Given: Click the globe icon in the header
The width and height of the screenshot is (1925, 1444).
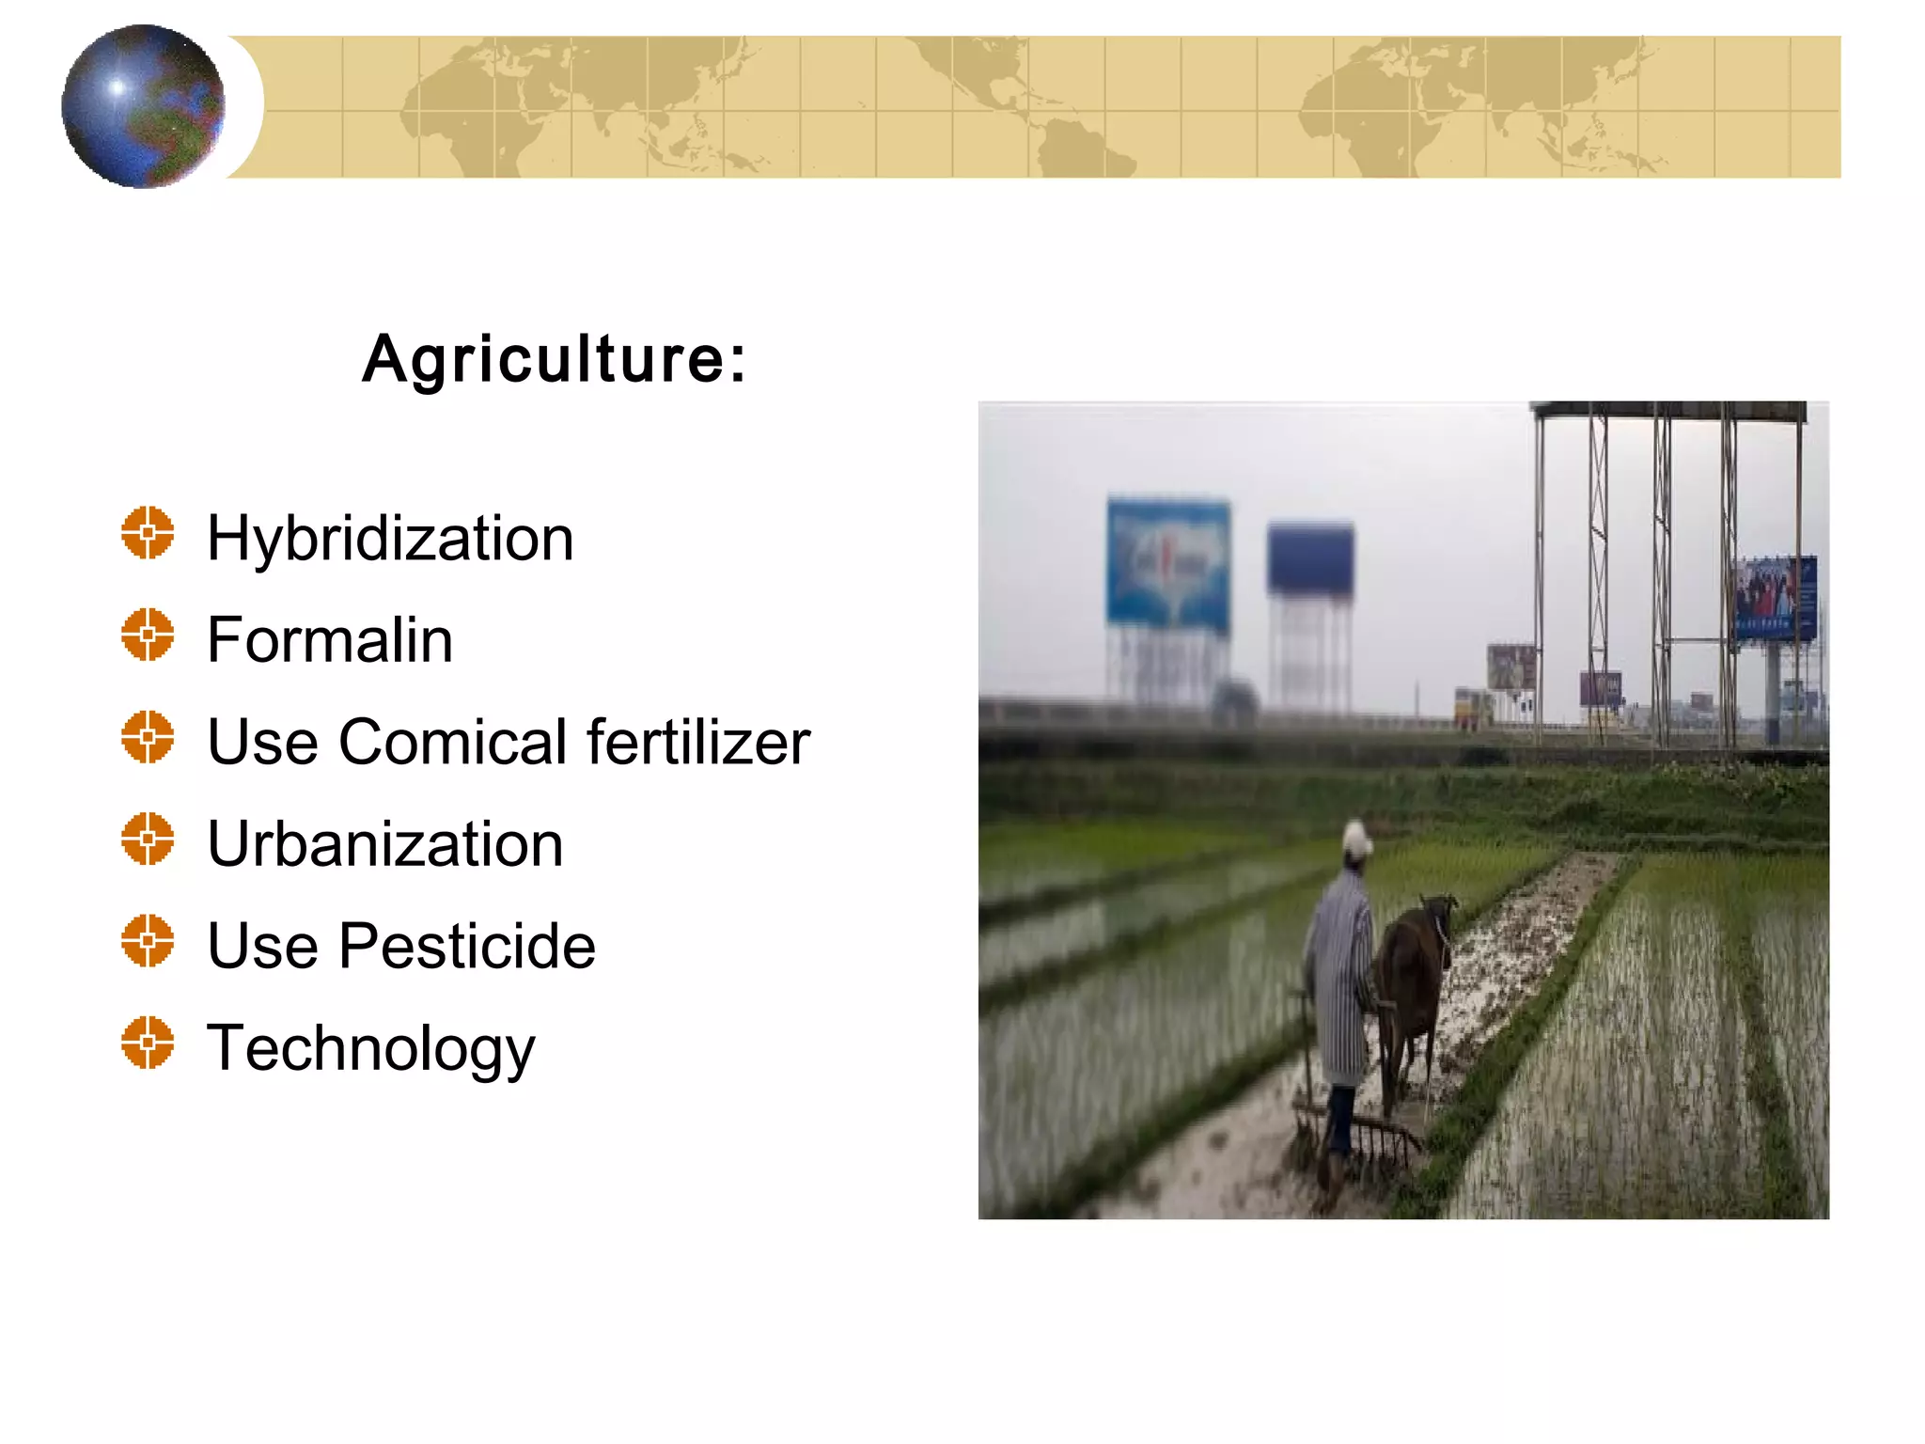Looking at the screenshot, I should click(143, 106).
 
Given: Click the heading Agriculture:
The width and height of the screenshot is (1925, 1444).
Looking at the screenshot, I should click(555, 359).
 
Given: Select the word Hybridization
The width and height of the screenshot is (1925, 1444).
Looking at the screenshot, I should click(390, 539).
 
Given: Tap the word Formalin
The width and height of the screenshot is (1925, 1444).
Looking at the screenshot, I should click(330, 640).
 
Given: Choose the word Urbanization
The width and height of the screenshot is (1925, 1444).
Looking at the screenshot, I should click(385, 843).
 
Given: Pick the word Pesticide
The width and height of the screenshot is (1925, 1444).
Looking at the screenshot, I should click(467, 946).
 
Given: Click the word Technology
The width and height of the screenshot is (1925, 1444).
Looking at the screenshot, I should click(370, 1049).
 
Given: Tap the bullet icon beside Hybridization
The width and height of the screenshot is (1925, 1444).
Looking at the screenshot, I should click(148, 533).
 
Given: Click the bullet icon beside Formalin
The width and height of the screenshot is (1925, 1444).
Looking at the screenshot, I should click(148, 635).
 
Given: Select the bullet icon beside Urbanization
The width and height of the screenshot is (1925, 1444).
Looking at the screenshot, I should click(148, 839).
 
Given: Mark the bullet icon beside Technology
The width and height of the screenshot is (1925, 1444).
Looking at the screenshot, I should click(148, 1043).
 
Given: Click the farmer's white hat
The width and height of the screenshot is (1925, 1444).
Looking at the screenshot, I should click(1356, 837).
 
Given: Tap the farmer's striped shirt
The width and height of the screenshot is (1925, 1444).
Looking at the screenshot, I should click(1339, 978).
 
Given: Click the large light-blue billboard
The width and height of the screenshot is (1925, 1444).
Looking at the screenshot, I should click(1168, 561).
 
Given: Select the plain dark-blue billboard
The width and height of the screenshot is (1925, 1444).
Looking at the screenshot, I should click(1310, 558).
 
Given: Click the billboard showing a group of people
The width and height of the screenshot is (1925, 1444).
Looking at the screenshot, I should click(1774, 598).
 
